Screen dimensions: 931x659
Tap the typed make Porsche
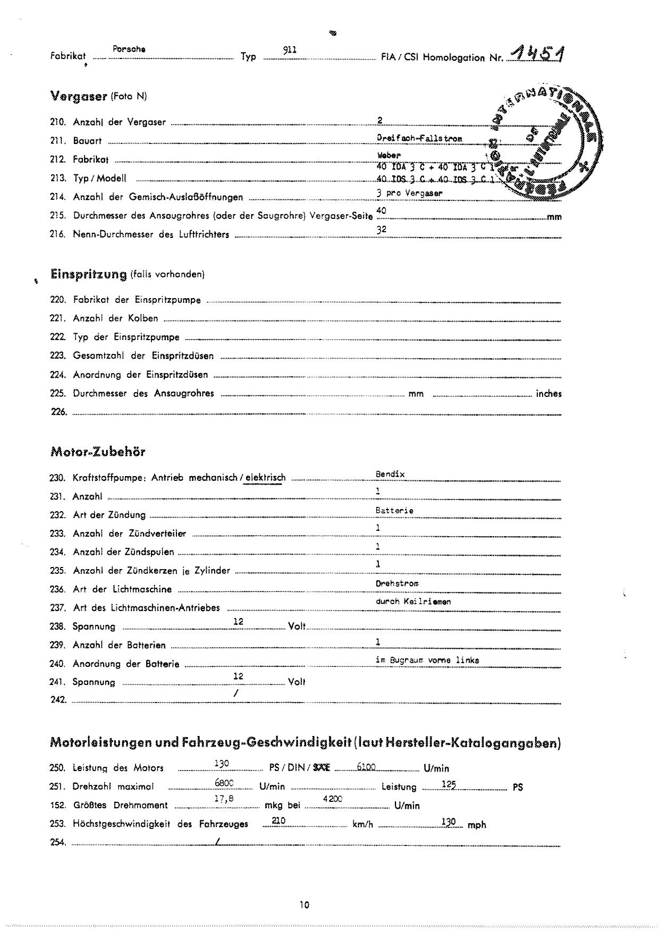[x=129, y=49]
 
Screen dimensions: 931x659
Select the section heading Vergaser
[x=79, y=96]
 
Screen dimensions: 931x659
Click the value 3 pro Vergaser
[x=409, y=193]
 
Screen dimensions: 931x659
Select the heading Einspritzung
[x=88, y=274]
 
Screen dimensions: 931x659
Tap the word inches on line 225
[x=548, y=394]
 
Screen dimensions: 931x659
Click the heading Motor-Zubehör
[x=98, y=452]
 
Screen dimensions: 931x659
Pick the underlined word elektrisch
[x=265, y=478]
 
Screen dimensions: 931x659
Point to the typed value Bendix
[x=390, y=474]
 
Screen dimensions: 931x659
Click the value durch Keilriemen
[x=413, y=602]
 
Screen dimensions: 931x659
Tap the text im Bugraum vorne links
[x=427, y=660]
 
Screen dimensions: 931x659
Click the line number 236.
[x=57, y=589]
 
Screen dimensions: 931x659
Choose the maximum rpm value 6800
[x=224, y=783]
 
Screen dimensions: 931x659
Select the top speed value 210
[x=278, y=820]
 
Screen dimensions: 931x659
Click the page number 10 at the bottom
[x=304, y=905]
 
